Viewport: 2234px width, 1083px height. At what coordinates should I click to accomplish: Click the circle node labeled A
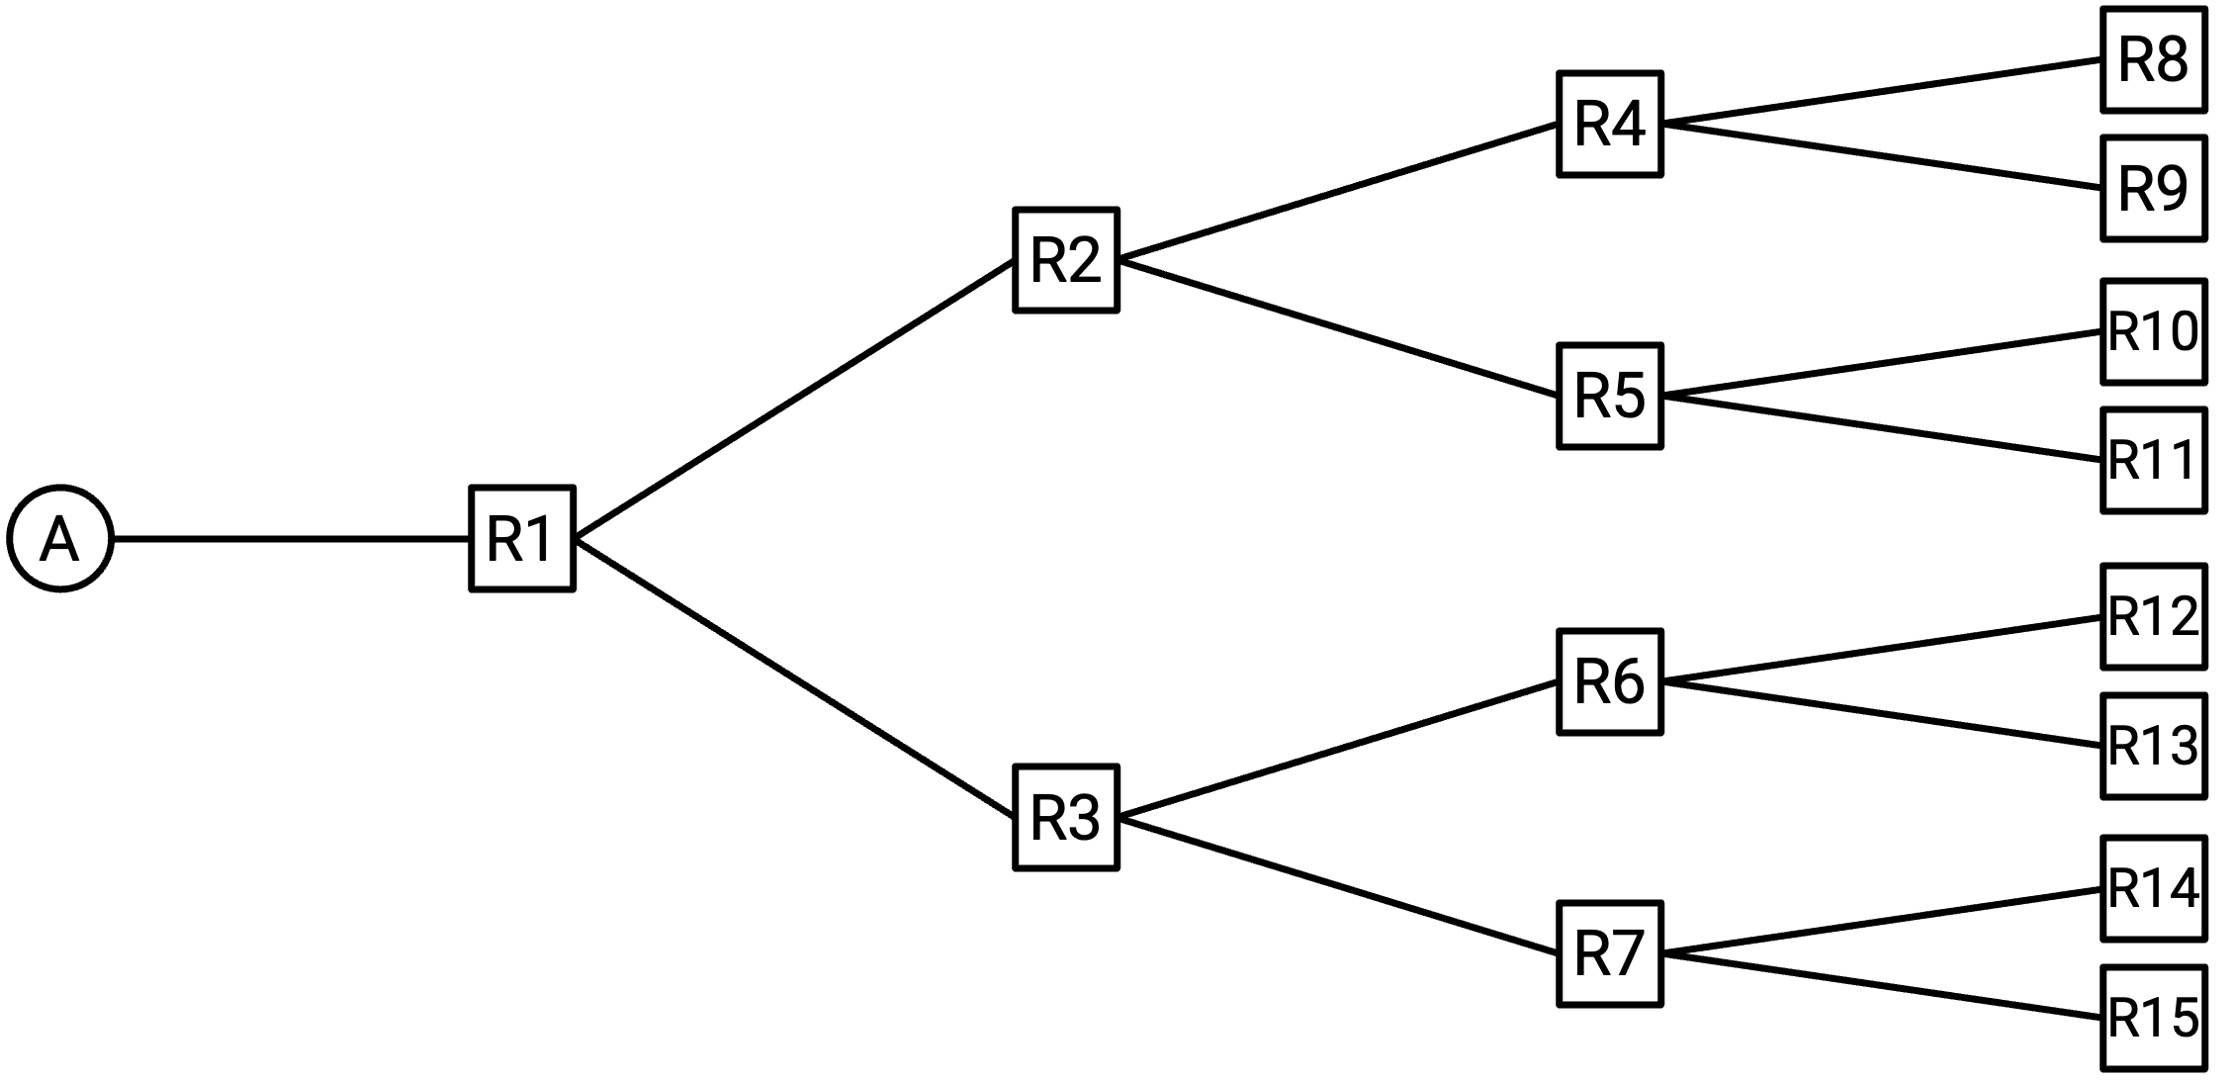(60, 539)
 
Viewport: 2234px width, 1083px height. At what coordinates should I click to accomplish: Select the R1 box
(522, 539)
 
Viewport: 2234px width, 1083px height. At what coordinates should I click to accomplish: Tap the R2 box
(1066, 260)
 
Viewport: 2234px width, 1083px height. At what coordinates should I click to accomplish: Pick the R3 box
(1066, 818)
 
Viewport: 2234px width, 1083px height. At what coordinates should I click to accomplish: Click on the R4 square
(1610, 124)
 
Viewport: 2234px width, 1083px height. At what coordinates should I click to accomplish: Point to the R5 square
(1610, 397)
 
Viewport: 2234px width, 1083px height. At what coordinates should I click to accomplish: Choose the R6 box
(1610, 681)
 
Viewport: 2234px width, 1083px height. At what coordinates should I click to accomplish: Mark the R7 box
(1610, 954)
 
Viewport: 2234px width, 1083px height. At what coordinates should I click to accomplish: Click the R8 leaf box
(2154, 59)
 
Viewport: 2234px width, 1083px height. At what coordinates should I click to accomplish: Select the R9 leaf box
(2154, 188)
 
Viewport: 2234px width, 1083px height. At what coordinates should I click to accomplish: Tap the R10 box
(2154, 331)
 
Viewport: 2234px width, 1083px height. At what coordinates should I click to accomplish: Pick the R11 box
(2154, 461)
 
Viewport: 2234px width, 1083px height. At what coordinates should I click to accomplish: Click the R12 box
(2154, 617)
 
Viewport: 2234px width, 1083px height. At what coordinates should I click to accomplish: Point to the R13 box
(2154, 746)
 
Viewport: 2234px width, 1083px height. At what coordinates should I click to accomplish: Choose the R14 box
(2154, 889)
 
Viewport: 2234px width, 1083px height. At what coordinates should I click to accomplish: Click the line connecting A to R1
(292, 539)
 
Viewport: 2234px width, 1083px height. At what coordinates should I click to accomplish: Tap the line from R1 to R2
(794, 400)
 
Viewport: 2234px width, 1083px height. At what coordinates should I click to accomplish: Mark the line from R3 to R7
(1338, 886)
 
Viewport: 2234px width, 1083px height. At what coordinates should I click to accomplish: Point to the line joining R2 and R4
(1338, 192)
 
